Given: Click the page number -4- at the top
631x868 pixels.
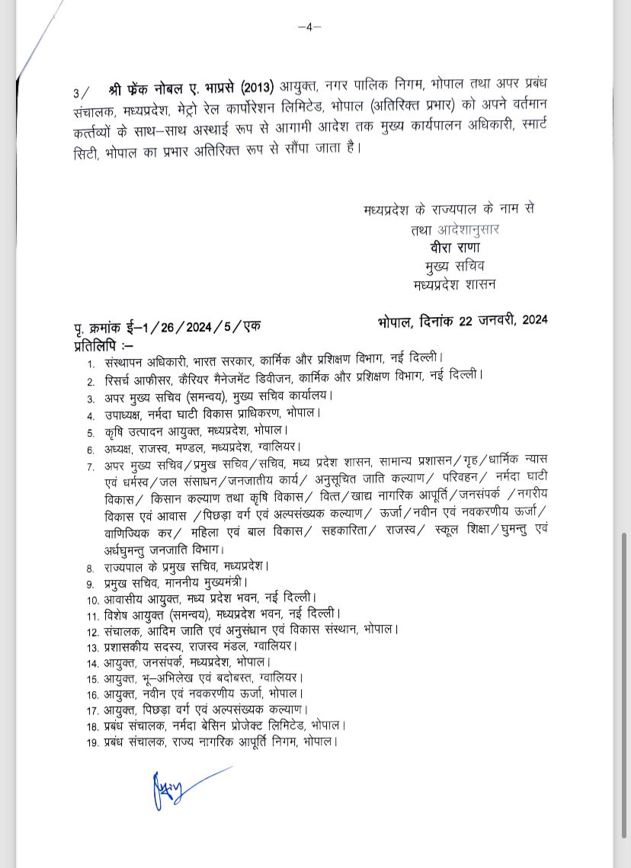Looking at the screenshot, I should pyautogui.click(x=309, y=27).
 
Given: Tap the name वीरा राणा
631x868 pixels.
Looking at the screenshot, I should pyautogui.click(x=454, y=248).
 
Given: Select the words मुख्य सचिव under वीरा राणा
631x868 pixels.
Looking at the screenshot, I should pyautogui.click(x=454, y=266).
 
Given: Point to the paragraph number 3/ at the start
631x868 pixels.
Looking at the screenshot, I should pyautogui.click(x=80, y=93).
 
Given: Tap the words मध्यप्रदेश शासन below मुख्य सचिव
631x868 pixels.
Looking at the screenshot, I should pyautogui.click(x=454, y=284).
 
